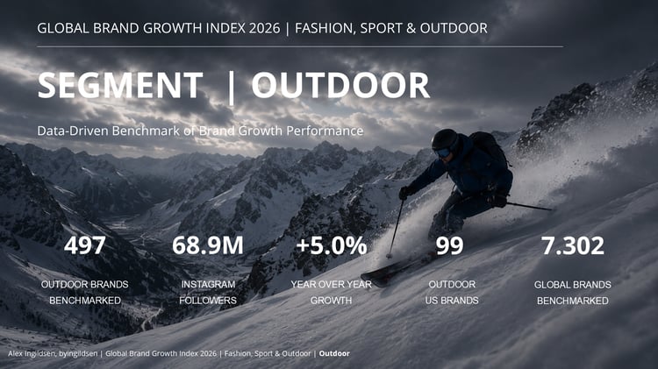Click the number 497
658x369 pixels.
pos(85,245)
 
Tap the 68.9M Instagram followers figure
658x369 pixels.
pos(208,245)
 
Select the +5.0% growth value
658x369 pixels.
pos(332,245)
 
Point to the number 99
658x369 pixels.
pos(449,245)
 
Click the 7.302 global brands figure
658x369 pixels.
pos(573,245)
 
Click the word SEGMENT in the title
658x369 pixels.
pos(120,85)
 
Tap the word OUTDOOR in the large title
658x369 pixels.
pos(340,85)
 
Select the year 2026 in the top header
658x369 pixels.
pos(264,28)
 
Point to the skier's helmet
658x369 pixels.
pos(445,138)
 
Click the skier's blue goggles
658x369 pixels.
pos(442,153)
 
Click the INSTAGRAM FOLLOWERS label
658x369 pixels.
pos(208,292)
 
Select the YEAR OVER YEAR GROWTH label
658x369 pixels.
pos(332,292)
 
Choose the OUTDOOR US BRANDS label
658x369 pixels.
pos(452,292)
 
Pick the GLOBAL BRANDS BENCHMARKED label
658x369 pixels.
pos(572,293)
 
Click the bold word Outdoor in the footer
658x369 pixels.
pos(334,353)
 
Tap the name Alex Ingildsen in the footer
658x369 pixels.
pos(32,353)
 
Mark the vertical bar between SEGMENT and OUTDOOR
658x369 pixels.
pos(231,88)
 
